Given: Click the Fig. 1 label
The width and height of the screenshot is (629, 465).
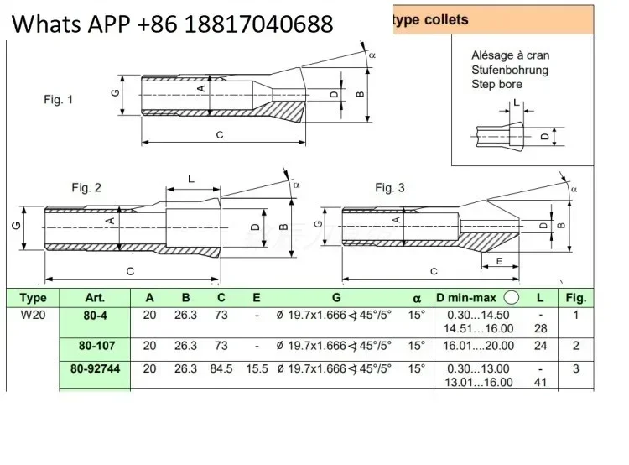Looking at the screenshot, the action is (x=59, y=100).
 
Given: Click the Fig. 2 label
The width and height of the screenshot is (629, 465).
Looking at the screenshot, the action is (x=86, y=187).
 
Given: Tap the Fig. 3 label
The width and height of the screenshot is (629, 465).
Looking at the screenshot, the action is (x=390, y=187).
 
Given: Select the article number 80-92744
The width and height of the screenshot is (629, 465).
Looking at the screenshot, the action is (x=95, y=368).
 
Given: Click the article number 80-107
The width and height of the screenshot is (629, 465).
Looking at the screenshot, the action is (x=96, y=345).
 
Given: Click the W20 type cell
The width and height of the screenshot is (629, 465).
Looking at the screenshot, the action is (x=33, y=315).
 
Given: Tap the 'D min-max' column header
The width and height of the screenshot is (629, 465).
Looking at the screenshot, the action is (x=466, y=298).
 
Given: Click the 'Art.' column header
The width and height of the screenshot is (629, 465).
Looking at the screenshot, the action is (x=95, y=298).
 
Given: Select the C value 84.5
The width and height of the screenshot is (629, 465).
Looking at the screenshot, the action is (x=221, y=368).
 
